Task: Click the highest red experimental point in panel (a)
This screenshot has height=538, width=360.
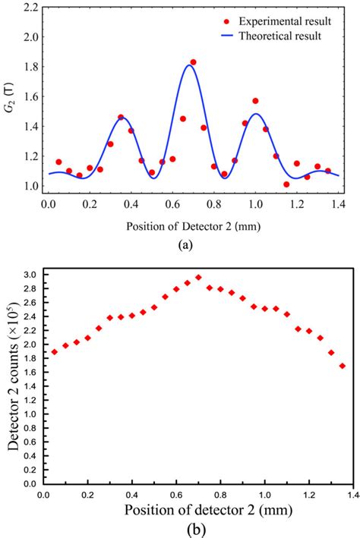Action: click(193, 62)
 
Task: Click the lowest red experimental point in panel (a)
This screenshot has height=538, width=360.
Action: click(286, 184)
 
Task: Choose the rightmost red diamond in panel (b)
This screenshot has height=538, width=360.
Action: click(343, 366)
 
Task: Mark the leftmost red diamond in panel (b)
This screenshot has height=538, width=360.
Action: click(55, 352)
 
